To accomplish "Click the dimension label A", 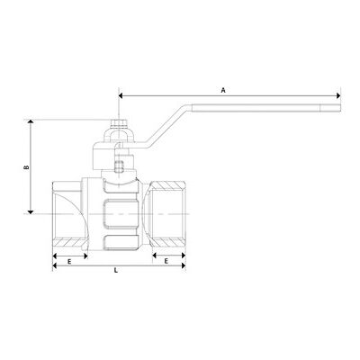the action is pyautogui.click(x=223, y=90).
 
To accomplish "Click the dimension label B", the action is pyautogui.click(x=26, y=167).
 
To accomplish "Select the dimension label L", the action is pyautogui.click(x=116, y=270).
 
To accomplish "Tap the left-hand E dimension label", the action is pyautogui.click(x=69, y=262).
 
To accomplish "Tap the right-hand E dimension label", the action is pyautogui.click(x=166, y=261).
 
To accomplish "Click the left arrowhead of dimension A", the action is pyautogui.click(x=121, y=95).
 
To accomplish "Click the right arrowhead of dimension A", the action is pyautogui.click(x=338, y=95).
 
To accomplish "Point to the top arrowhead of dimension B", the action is pyautogui.click(x=30, y=121).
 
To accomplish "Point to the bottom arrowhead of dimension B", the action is pyautogui.click(x=30, y=211).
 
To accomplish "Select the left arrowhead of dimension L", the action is pyautogui.click(x=55, y=265).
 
